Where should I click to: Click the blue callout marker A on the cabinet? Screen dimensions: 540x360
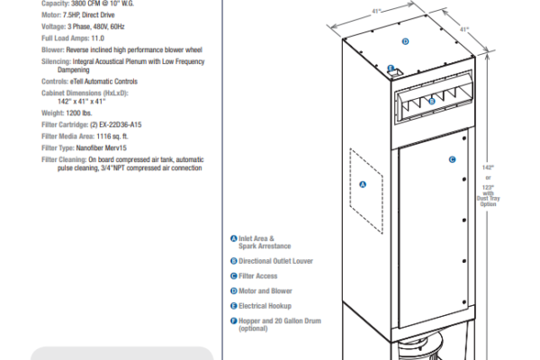pyautogui.click(x=363, y=184)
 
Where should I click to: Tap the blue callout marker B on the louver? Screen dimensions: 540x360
pyautogui.click(x=432, y=102)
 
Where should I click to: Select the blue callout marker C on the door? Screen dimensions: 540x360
pyautogui.click(x=452, y=159)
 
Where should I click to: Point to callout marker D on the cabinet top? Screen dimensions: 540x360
pyautogui.click(x=405, y=41)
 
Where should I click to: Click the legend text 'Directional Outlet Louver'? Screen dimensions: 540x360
pyautogui.click(x=276, y=261)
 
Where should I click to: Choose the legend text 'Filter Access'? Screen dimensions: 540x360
pyautogui.click(x=258, y=276)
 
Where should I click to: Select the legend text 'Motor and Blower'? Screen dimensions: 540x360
pyautogui.click(x=265, y=291)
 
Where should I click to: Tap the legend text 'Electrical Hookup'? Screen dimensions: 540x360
pyautogui.click(x=265, y=306)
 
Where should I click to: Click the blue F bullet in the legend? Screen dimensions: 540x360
pyautogui.click(x=234, y=320)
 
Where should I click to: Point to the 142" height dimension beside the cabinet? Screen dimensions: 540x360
pyautogui.click(x=488, y=167)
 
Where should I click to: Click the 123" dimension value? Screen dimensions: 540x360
pyautogui.click(x=488, y=188)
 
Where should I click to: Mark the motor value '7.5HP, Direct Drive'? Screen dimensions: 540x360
pyautogui.click(x=89, y=15)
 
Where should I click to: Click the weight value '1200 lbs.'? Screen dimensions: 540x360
pyautogui.click(x=79, y=113)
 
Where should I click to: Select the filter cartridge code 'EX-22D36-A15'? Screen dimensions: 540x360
pyautogui.click(x=121, y=125)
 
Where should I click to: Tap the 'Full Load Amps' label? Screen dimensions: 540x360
pyautogui.click(x=66, y=38)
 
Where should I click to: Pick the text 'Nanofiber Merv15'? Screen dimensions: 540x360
pyautogui.click(x=101, y=148)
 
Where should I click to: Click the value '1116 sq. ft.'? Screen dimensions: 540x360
pyautogui.click(x=112, y=137)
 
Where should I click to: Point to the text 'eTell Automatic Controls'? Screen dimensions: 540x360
pyautogui.click(x=103, y=82)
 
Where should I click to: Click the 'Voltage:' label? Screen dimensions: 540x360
pyautogui.click(x=54, y=27)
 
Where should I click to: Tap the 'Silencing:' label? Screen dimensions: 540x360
pyautogui.click(x=57, y=62)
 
